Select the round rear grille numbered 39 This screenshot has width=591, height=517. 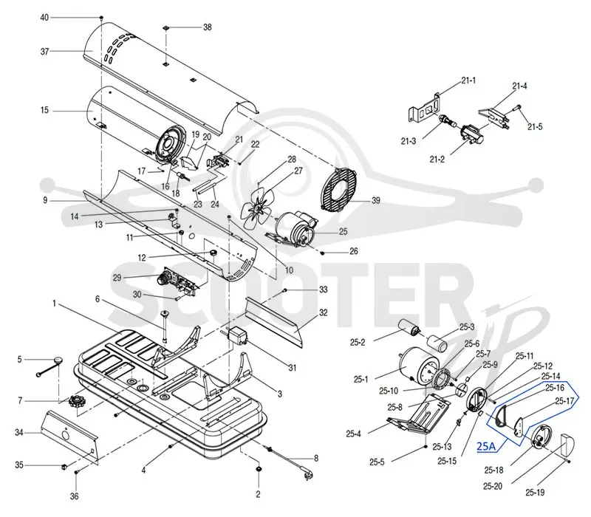(x=338, y=189)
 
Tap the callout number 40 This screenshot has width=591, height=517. (x=44, y=18)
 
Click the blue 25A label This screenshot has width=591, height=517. (x=486, y=446)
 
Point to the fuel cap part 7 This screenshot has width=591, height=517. (x=78, y=404)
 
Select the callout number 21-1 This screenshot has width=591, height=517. (x=468, y=81)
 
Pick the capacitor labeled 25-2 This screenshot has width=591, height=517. (x=409, y=328)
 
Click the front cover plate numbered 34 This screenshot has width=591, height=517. (x=70, y=437)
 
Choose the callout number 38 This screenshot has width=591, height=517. (x=208, y=27)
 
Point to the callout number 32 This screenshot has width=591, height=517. (x=323, y=312)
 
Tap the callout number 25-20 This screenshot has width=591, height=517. (x=493, y=486)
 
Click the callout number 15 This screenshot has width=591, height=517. (x=44, y=110)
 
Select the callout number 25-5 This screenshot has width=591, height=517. (x=377, y=462)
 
